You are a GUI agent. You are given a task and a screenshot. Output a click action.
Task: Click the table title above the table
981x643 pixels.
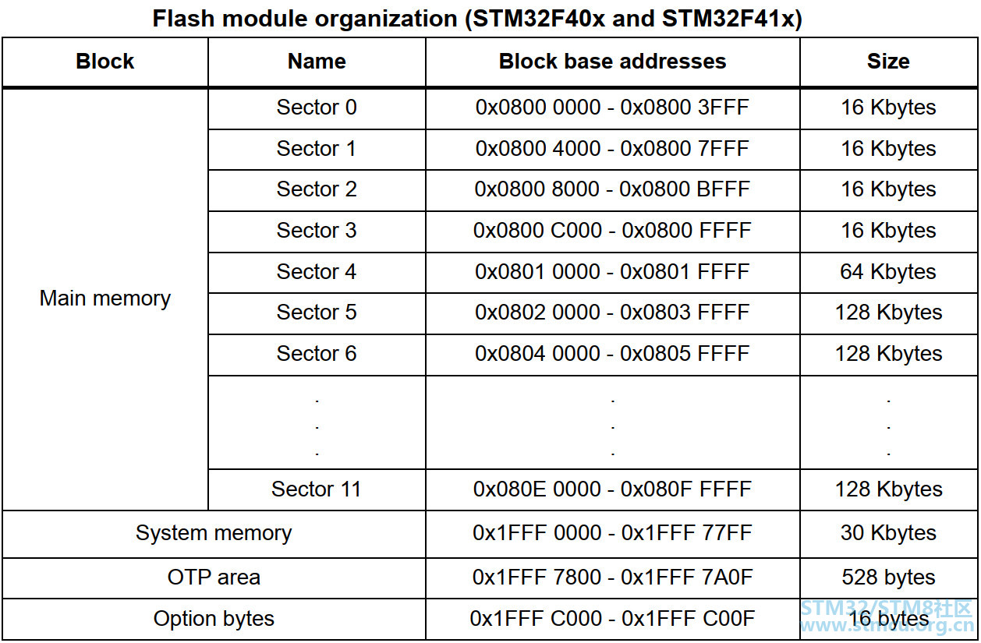(477, 19)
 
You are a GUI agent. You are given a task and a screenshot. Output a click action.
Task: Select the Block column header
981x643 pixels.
(104, 61)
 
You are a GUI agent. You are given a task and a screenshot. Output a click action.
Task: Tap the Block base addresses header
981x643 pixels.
(612, 61)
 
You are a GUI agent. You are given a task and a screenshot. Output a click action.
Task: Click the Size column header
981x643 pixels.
(888, 61)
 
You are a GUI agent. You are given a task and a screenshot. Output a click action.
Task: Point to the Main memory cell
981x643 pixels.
(104, 299)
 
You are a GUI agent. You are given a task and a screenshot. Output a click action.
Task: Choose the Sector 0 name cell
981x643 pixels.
(316, 108)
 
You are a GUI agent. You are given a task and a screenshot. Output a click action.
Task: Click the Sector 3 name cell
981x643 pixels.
(316, 230)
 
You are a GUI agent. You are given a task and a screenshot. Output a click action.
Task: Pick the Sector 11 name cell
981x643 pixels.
(316, 489)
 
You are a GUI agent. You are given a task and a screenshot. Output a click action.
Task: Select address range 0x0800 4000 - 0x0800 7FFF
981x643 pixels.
(612, 148)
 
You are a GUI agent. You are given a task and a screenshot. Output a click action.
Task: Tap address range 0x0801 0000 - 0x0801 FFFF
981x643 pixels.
(612, 271)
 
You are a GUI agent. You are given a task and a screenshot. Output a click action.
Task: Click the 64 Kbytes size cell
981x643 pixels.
(888, 271)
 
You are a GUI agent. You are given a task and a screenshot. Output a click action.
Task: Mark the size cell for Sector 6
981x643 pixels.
(889, 353)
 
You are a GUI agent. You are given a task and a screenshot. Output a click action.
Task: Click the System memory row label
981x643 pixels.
(214, 533)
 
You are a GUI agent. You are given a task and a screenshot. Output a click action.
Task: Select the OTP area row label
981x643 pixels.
(214, 577)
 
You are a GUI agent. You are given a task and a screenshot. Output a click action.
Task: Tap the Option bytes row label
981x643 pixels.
(214, 619)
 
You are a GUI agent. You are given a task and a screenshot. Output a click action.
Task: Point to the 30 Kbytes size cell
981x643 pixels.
(888, 532)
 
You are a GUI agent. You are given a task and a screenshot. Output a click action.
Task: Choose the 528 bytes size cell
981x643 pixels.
(888, 577)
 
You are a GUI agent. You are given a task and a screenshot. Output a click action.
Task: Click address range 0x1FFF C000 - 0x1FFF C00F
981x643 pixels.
(612, 619)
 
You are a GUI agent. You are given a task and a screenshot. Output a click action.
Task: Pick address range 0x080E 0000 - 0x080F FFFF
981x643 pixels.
(612, 489)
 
